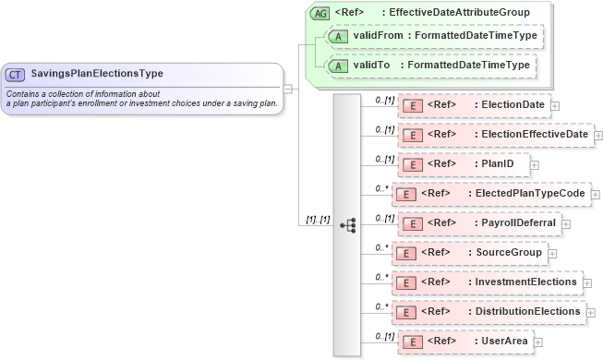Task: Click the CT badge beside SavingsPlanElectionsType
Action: coord(16,73)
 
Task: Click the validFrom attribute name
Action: coord(379,35)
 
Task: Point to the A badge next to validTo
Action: coord(338,66)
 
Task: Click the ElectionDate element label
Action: coord(512,105)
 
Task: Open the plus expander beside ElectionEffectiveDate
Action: coord(598,135)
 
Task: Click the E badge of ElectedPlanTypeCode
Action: coord(404,195)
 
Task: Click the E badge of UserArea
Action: coord(415,342)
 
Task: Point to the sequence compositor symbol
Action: coord(348,224)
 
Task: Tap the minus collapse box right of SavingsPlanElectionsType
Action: coord(288,90)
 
